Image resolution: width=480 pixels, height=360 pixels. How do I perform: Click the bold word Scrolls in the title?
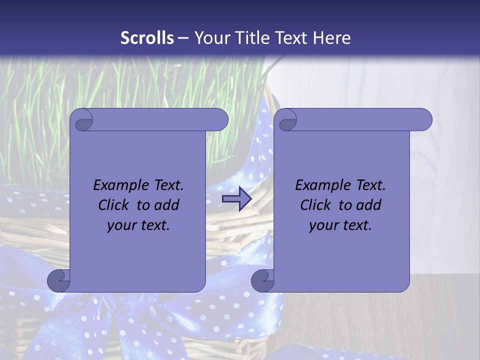(x=147, y=38)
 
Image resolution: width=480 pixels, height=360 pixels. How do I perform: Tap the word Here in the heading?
(x=332, y=38)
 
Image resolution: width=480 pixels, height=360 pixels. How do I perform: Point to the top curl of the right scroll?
(x=287, y=120)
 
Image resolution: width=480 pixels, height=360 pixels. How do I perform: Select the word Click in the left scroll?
(x=109, y=205)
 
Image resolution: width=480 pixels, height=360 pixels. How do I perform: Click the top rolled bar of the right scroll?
(x=360, y=120)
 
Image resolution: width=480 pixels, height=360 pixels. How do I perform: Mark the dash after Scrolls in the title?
(x=182, y=38)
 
